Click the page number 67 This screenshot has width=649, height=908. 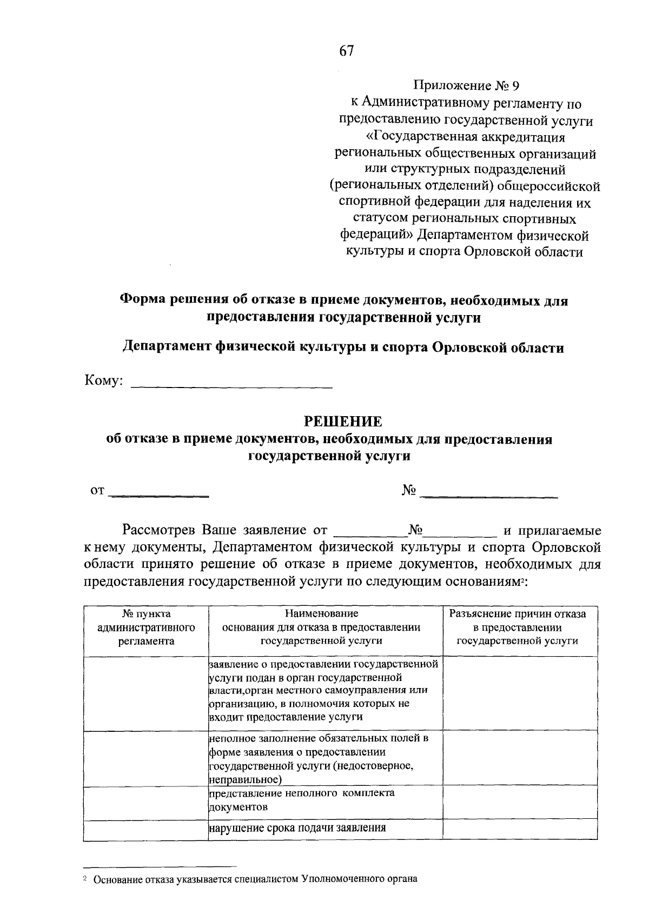[346, 51]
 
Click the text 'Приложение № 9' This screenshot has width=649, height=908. [466, 85]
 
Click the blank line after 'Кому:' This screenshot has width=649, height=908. [232, 382]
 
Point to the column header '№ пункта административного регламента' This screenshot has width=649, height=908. [146, 627]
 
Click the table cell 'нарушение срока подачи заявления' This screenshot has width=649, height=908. [297, 827]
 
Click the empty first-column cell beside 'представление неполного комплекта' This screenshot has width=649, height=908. [146, 800]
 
